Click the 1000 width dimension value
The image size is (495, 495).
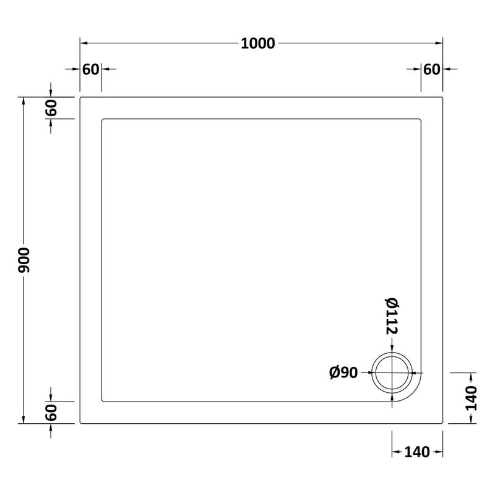click(x=257, y=43)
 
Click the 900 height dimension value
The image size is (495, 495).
click(x=24, y=260)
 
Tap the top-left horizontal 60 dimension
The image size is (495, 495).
click(x=90, y=69)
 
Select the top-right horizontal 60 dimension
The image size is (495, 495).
click(x=431, y=69)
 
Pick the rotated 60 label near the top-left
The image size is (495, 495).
click(x=51, y=108)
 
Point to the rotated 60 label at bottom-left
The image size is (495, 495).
click(x=51, y=413)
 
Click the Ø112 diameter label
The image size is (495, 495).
click(x=392, y=316)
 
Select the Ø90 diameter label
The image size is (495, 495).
click(x=343, y=372)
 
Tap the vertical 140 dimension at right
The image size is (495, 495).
click(x=471, y=398)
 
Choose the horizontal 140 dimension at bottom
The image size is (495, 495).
click(x=417, y=452)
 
